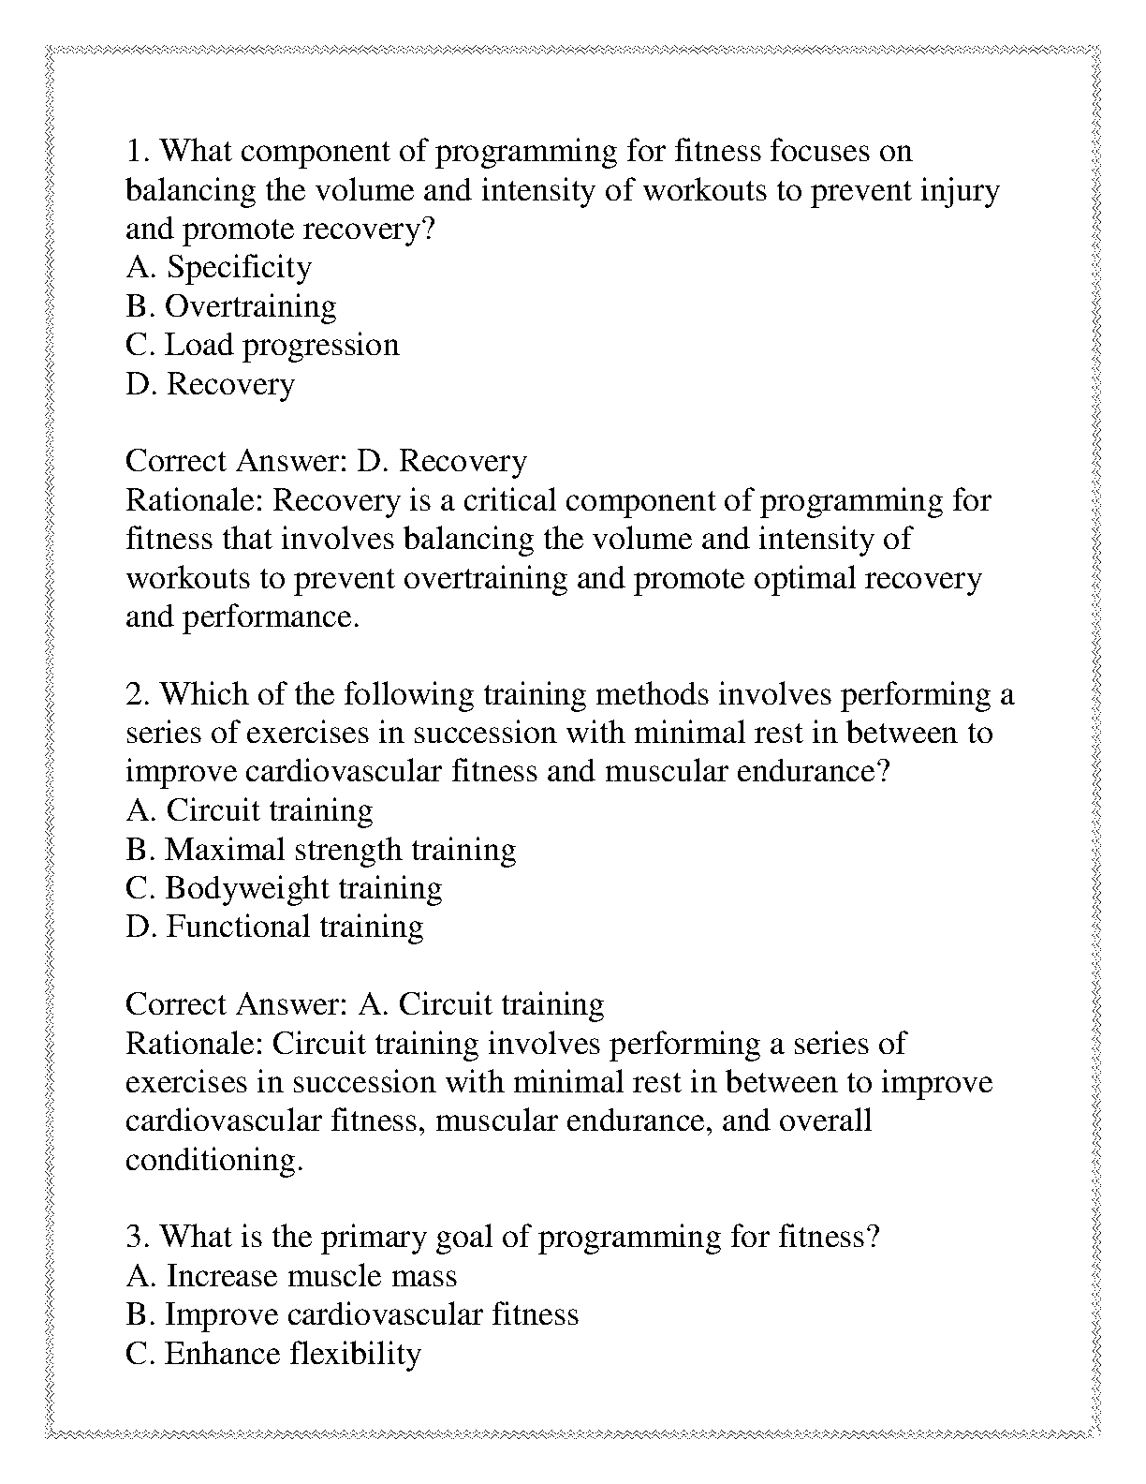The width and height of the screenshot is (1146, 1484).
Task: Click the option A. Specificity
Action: point(218,269)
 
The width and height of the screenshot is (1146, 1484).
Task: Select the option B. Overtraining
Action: point(231,307)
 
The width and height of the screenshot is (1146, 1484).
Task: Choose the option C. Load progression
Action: point(262,346)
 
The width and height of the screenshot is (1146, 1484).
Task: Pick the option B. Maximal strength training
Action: point(320,851)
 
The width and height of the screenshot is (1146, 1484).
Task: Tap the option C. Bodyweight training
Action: point(284,889)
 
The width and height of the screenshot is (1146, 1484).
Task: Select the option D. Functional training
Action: point(274,927)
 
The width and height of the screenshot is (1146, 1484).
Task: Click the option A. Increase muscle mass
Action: point(291,1277)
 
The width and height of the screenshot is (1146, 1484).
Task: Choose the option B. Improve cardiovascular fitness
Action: point(352,1315)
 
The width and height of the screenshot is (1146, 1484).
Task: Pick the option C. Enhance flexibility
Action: point(272,1355)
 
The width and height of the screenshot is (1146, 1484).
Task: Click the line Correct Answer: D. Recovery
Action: point(326,462)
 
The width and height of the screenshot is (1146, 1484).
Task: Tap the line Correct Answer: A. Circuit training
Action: point(364,1005)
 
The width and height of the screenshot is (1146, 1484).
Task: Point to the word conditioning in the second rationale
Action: point(214,1161)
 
